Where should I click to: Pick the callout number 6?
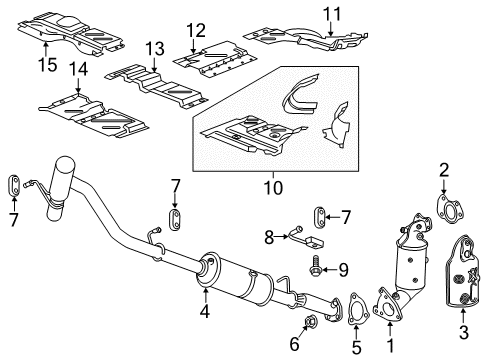pyautogui.click(x=294, y=343)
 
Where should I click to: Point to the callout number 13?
pyautogui.click(x=153, y=47)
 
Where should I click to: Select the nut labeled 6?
pyautogui.click(x=311, y=322)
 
